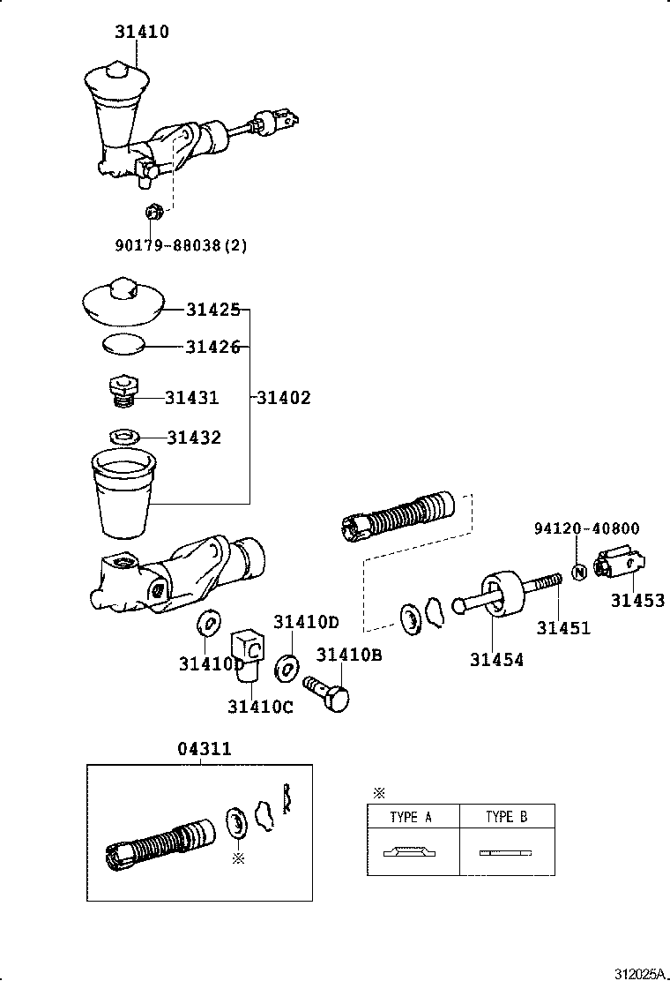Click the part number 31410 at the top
(x=141, y=32)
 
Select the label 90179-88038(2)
(x=181, y=244)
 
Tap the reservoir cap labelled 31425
(x=123, y=304)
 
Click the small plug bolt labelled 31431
(x=123, y=392)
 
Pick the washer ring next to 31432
(x=123, y=436)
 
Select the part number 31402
(x=284, y=398)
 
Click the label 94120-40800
(x=586, y=528)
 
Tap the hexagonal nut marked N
(x=579, y=572)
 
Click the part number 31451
(x=563, y=629)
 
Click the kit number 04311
(x=205, y=749)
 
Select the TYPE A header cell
(x=412, y=817)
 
